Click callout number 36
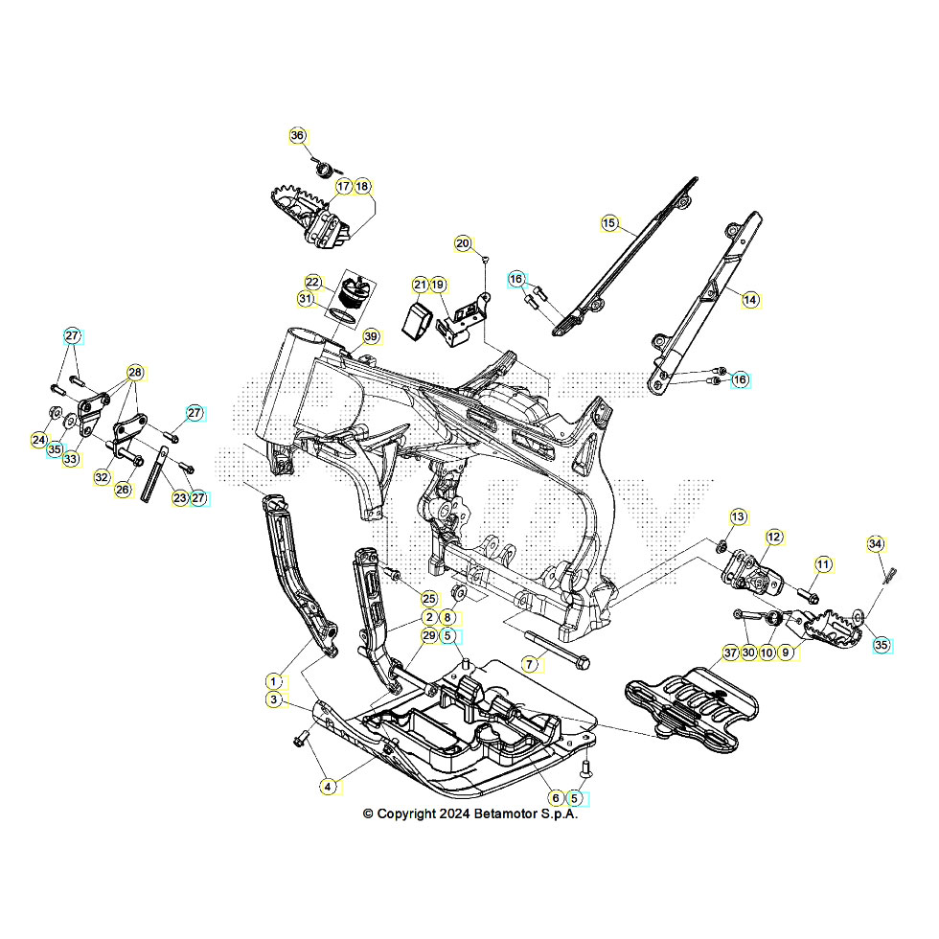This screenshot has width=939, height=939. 298,135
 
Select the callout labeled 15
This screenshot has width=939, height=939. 609,223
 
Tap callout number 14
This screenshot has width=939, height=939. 750,299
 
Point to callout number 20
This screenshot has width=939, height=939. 463,243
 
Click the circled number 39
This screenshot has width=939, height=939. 372,336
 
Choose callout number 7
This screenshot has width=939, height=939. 529,664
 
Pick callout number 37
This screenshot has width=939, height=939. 730,653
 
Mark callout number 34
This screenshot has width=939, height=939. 876,544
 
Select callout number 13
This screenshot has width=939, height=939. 739,516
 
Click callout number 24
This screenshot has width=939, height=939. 39,440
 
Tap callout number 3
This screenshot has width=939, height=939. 274,699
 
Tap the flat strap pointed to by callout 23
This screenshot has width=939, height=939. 154,474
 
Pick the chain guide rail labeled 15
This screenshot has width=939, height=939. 625,257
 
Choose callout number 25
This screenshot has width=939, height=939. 429,598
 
